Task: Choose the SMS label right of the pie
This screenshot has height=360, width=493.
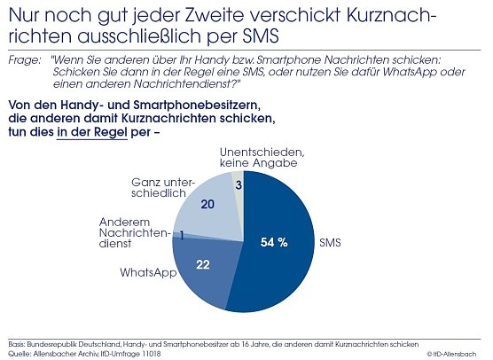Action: (x=331, y=241)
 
